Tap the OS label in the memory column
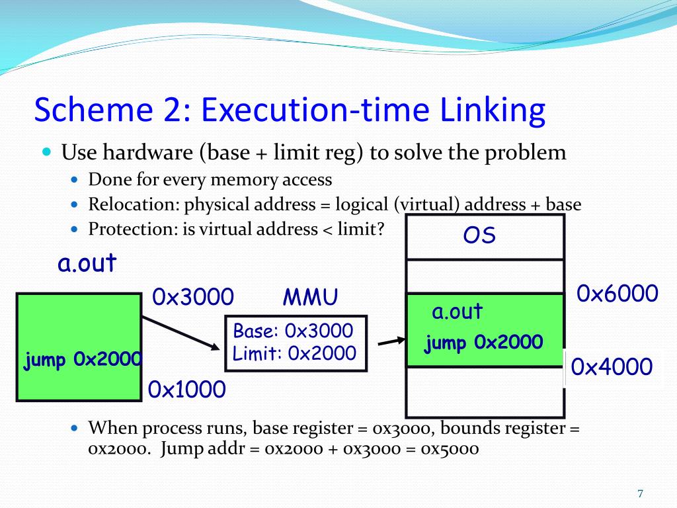(479, 236)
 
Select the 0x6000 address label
(617, 293)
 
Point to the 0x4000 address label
(612, 366)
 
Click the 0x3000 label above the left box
(193, 297)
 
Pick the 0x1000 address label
(187, 390)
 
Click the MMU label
(311, 298)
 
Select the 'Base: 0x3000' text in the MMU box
(294, 331)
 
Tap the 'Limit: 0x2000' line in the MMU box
(294, 353)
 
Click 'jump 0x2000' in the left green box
(83, 360)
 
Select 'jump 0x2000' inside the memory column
(484, 343)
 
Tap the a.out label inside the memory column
(458, 312)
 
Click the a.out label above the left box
(87, 263)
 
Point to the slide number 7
(640, 493)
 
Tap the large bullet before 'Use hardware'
(46, 152)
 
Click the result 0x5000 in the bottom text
(450, 448)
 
